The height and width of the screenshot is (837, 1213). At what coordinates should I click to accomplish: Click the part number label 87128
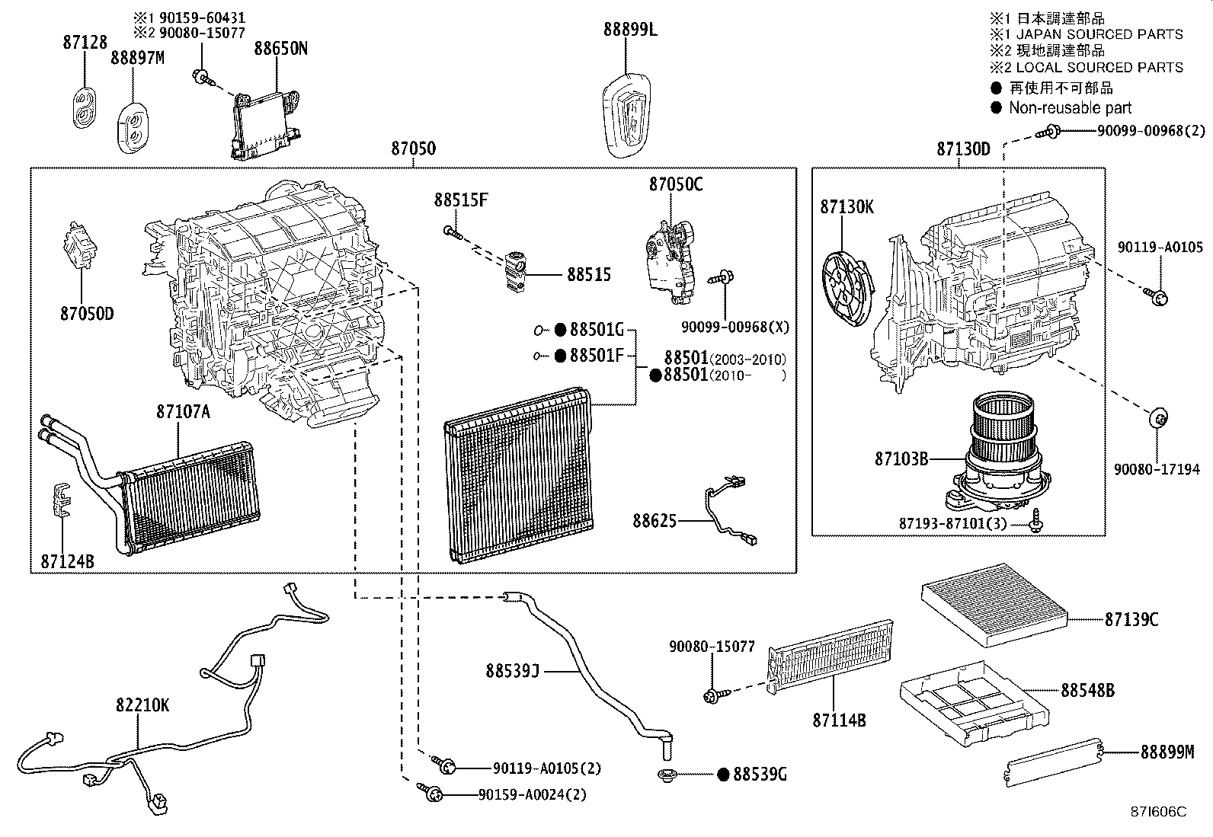(x=85, y=42)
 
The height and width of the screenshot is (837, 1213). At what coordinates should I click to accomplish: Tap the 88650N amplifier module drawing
(x=267, y=124)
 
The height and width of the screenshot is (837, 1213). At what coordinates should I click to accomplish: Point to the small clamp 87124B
(x=62, y=499)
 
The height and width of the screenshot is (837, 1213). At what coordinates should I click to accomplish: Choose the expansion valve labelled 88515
(x=514, y=272)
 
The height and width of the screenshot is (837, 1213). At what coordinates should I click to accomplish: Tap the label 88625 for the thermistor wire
(x=655, y=521)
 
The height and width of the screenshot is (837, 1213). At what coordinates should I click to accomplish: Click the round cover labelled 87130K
(x=847, y=288)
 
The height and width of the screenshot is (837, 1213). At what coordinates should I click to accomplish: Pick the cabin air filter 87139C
(x=995, y=605)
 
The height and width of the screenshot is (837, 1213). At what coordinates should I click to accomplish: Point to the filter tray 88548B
(x=975, y=703)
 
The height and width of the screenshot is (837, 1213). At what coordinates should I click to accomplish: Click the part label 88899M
(x=1167, y=752)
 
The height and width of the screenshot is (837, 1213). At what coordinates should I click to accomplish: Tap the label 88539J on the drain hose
(x=512, y=671)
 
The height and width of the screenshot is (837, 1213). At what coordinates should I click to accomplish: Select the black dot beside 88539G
(x=724, y=775)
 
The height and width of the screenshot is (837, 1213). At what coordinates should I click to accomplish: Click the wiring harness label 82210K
(x=142, y=705)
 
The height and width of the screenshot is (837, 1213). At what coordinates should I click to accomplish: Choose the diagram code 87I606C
(x=1158, y=812)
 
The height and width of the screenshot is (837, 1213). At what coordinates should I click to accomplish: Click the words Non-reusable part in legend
(x=1070, y=107)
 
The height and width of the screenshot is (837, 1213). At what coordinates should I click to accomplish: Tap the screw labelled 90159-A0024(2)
(x=430, y=792)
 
